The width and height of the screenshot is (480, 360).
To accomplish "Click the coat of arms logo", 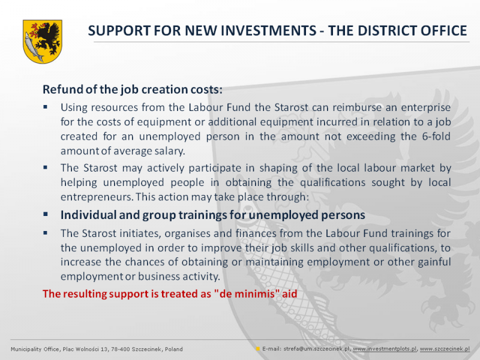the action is coord(42,41).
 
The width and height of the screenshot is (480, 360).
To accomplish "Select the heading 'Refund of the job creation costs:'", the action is coord(132,89).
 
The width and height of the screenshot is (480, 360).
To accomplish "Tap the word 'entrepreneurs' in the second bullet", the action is coord(97,197).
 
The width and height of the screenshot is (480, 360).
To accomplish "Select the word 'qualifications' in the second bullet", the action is coord(332,182).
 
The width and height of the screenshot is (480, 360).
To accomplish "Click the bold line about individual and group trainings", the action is coord(212,215).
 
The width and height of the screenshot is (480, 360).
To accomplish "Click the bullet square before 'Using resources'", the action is coord(46,107).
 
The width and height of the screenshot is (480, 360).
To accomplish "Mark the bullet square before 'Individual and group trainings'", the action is coord(46,214).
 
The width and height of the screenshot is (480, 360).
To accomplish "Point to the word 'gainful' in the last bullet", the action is coord(434,262).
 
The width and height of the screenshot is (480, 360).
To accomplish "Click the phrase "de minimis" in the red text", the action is coord(248,294).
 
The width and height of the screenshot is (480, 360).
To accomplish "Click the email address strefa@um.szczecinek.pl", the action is coord(317,349).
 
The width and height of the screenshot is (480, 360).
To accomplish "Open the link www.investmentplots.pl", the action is coord(385,349).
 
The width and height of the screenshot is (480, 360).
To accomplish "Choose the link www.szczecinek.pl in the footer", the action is coord(445,349).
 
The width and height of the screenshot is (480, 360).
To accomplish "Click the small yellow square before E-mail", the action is coord(258,349).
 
